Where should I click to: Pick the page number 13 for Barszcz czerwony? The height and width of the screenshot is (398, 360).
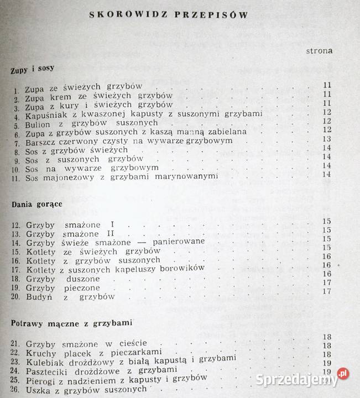pyautogui.click(x=326, y=139)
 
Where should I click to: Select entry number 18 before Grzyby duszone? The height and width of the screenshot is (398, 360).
pyautogui.click(x=16, y=279)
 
